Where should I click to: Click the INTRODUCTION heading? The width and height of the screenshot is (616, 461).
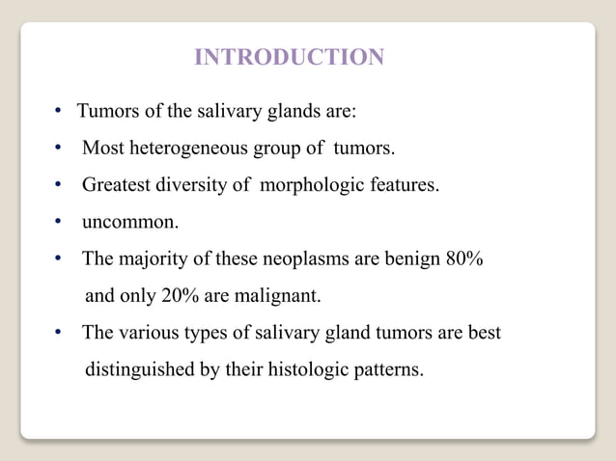(289, 58)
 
